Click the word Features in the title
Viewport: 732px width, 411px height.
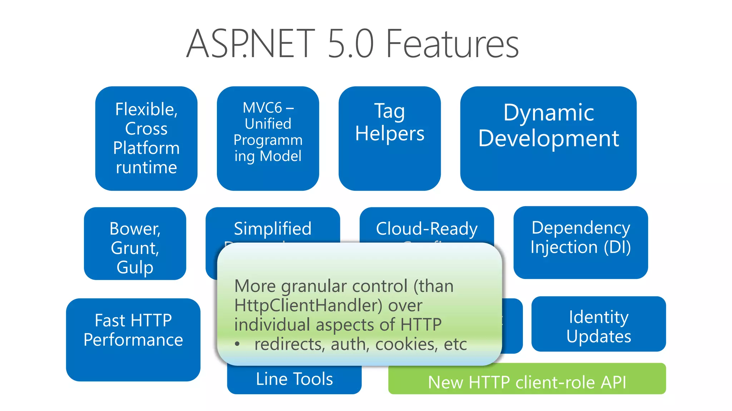coord(452,44)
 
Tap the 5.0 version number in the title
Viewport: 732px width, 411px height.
coord(350,44)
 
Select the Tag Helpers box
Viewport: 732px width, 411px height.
coord(390,138)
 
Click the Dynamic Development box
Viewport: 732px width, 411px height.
coord(548,138)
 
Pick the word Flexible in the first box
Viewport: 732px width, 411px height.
coord(146,109)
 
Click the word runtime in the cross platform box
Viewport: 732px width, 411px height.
coord(146,167)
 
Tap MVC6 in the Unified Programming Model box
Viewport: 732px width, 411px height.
coord(263,108)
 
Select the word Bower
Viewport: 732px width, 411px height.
coord(135,229)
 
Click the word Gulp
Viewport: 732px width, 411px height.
coord(135,267)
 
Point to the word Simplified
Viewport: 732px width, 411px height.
coord(272,229)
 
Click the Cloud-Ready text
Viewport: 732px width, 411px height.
coord(426,229)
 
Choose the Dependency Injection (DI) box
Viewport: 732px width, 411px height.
coord(580,242)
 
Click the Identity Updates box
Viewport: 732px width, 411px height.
coord(598,324)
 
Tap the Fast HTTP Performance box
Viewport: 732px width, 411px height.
coord(133,339)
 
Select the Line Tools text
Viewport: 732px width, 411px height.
coord(294,379)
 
